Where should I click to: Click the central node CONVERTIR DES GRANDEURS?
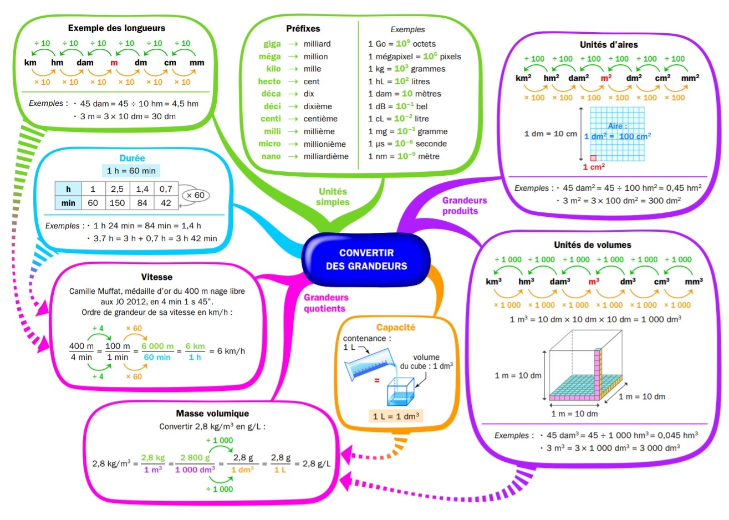point(366,259)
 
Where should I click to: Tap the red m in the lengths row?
point(114,63)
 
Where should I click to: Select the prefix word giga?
point(272,44)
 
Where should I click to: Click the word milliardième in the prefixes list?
point(326,156)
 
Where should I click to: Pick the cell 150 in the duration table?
point(117,203)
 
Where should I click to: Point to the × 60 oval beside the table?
point(195,195)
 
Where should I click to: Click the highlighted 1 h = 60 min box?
point(131,171)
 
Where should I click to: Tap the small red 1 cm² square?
point(593,158)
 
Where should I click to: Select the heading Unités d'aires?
point(609,44)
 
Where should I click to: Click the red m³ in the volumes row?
point(594,281)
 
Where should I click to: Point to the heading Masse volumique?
point(212,413)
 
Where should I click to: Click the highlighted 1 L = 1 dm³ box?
point(396,416)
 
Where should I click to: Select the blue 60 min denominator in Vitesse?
point(157,358)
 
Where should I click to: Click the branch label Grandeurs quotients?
point(326,303)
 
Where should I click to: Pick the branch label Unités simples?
point(333,197)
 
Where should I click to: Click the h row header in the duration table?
point(68,189)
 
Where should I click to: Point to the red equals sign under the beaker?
point(377,380)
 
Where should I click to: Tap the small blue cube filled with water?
point(400,391)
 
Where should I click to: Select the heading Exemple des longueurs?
point(116,28)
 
